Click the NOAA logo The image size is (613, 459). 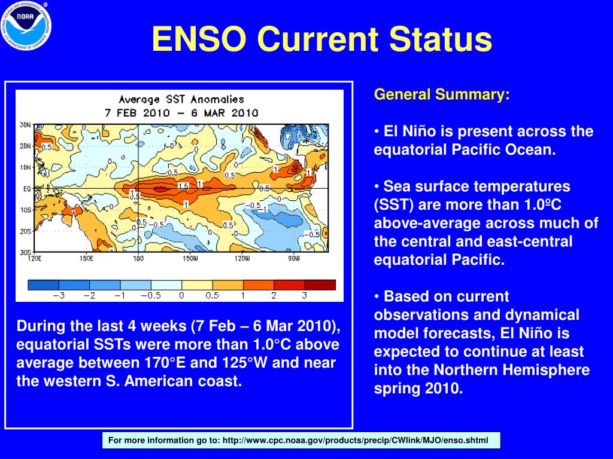point(26,25)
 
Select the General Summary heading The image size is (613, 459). point(442,95)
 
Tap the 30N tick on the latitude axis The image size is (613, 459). point(25,125)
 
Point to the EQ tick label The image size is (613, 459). point(27,189)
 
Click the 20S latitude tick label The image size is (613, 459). point(25,231)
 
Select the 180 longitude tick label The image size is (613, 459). point(139,259)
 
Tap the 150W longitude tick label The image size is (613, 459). point(190,259)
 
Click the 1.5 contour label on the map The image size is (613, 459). point(183,186)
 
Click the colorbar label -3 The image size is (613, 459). point(59,295)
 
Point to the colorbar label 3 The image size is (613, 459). point(304,295)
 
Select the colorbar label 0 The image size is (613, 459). point(181,295)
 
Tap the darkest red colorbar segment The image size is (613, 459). point(320,284)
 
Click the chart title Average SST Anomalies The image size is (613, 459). point(181,100)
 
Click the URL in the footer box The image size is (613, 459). point(355,441)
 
